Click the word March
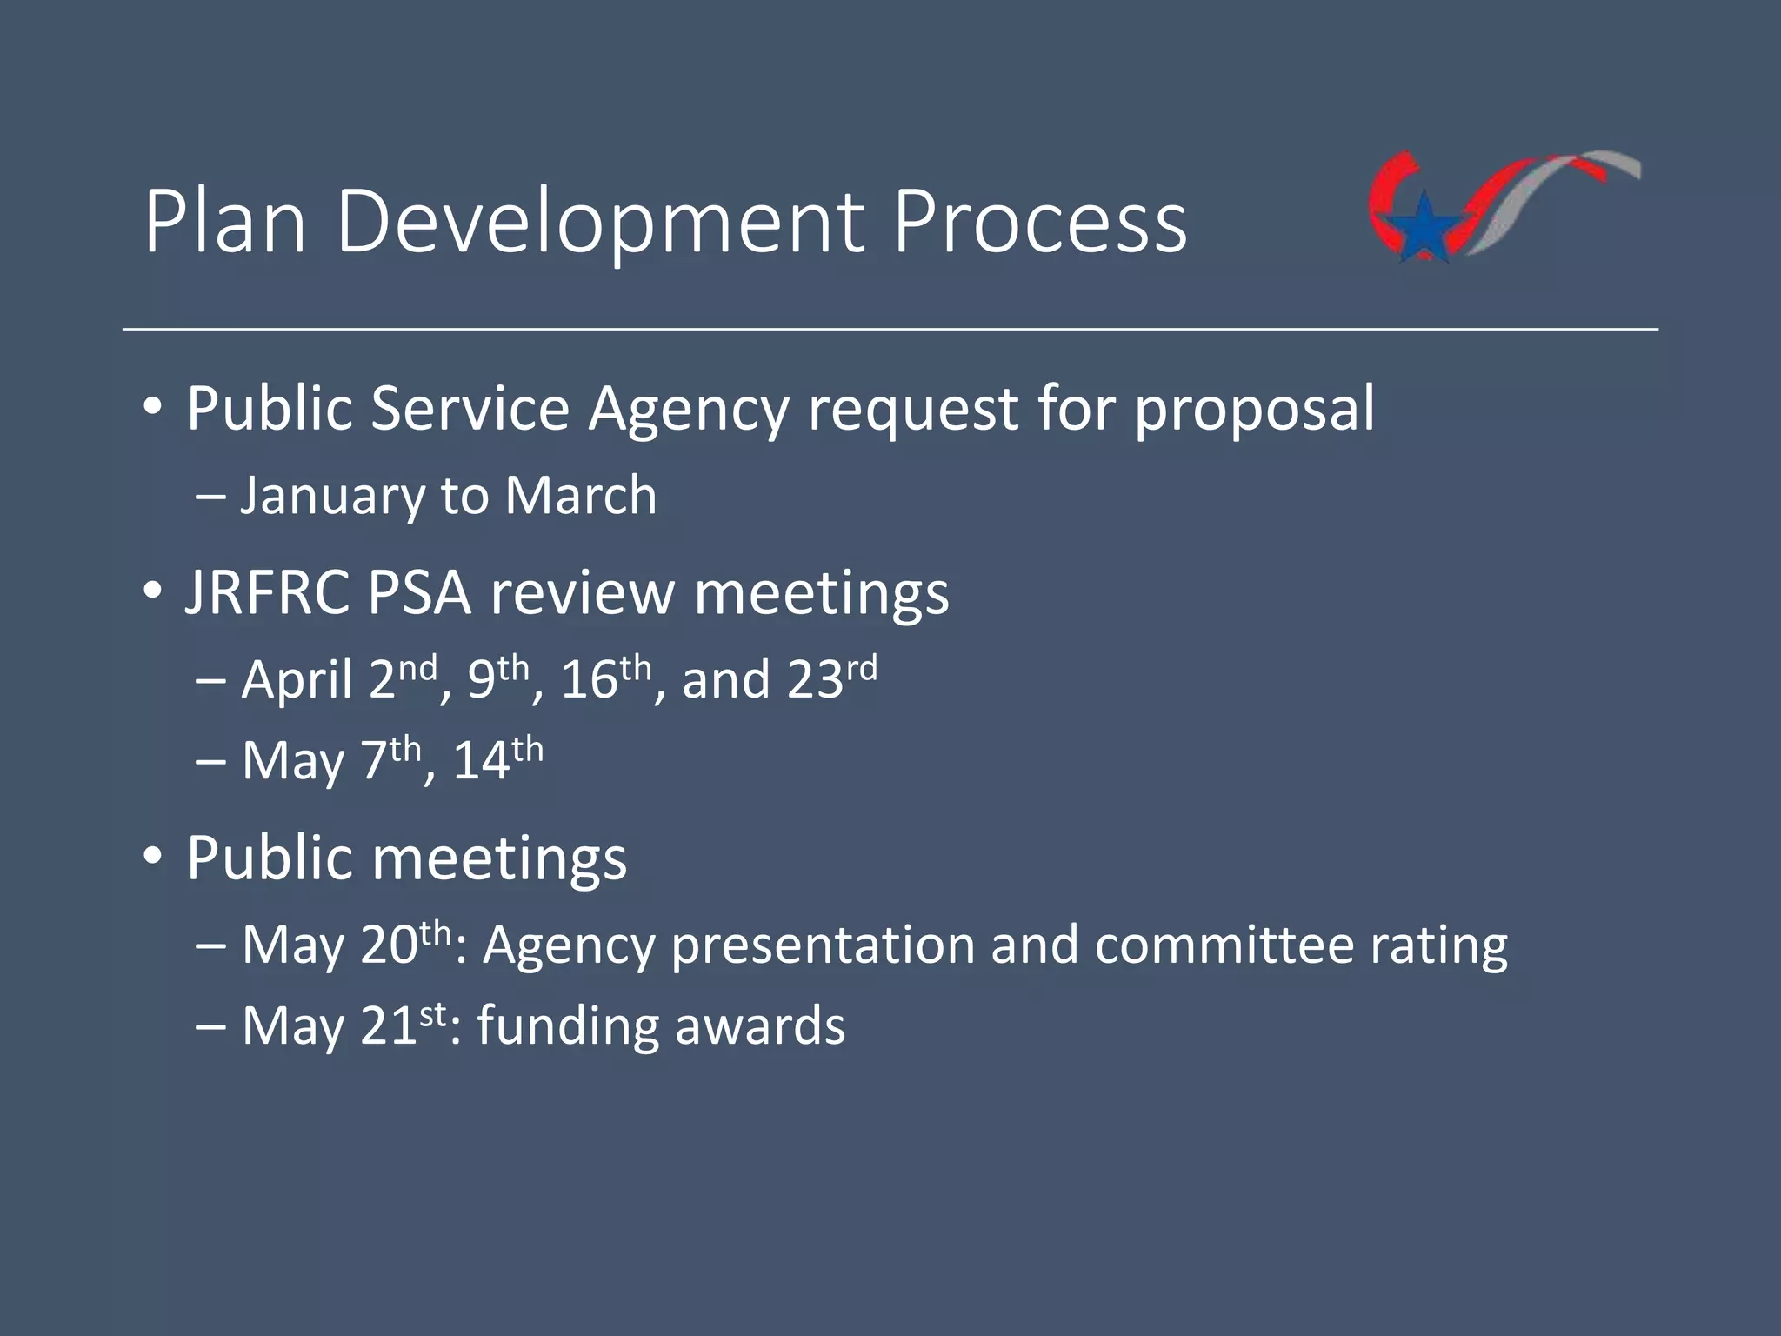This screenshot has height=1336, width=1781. pyautogui.click(x=580, y=496)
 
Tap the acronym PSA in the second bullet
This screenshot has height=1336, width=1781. pyautogui.click(x=418, y=594)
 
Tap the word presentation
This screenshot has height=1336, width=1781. pyautogui.click(x=823, y=946)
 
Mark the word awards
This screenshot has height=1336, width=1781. pyautogui.click(x=759, y=1025)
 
